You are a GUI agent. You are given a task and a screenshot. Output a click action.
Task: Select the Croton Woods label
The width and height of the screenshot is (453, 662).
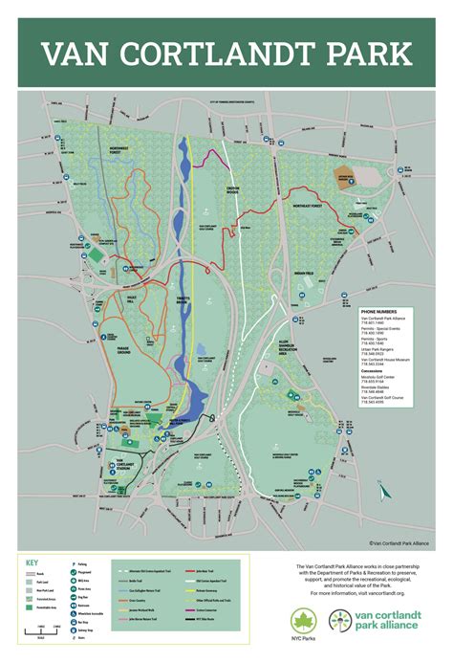[x=251, y=188]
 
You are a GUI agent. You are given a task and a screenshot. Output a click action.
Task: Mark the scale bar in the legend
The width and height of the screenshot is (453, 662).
[x=50, y=629]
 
